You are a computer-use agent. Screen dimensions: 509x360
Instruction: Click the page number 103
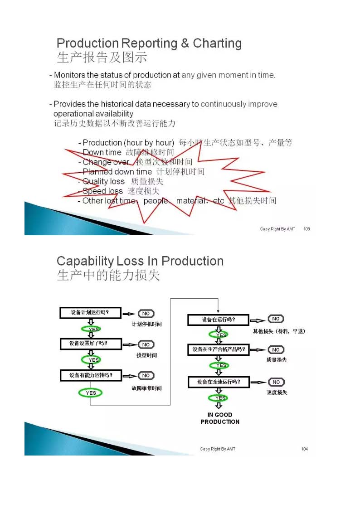[x=306, y=229]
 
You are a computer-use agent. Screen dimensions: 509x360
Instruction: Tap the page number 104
[x=305, y=449]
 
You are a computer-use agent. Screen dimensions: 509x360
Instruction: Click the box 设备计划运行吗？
[x=91, y=313]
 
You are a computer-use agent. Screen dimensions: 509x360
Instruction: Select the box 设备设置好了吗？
[x=91, y=344]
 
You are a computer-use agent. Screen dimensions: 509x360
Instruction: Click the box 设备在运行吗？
[x=219, y=320]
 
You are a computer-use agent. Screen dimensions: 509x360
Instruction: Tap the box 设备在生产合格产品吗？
[x=219, y=349]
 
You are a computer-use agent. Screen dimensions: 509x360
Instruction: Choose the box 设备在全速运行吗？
[x=219, y=382]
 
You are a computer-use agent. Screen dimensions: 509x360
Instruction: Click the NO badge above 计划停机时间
[x=146, y=314]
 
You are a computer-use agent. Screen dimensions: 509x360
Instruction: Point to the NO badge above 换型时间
[x=146, y=344]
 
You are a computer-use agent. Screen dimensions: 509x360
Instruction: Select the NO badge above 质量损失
[x=276, y=349]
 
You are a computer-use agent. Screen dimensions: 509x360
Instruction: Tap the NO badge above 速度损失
[x=276, y=382]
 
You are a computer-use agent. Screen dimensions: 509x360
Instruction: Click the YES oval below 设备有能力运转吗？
[x=91, y=393]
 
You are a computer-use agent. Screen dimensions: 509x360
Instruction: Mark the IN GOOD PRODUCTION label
[x=220, y=418]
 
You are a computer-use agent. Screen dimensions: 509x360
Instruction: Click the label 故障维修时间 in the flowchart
[x=146, y=388]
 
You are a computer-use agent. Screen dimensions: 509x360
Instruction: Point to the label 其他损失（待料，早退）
[x=279, y=331]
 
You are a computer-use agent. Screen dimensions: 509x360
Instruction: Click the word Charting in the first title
[x=217, y=44]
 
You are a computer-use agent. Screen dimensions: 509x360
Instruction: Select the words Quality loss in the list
[x=103, y=181]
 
